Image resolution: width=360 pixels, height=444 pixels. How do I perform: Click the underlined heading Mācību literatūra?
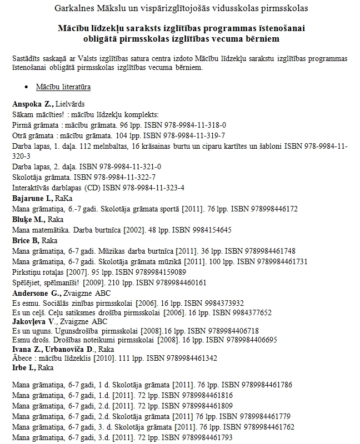pyautogui.click(x=63, y=87)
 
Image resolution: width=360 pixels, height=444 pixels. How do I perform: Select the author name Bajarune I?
pyautogui.click(x=32, y=198)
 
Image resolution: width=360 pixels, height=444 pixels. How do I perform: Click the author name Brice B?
pyautogui.click(x=26, y=240)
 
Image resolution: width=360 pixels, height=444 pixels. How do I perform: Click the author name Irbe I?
pyautogui.click(x=24, y=367)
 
